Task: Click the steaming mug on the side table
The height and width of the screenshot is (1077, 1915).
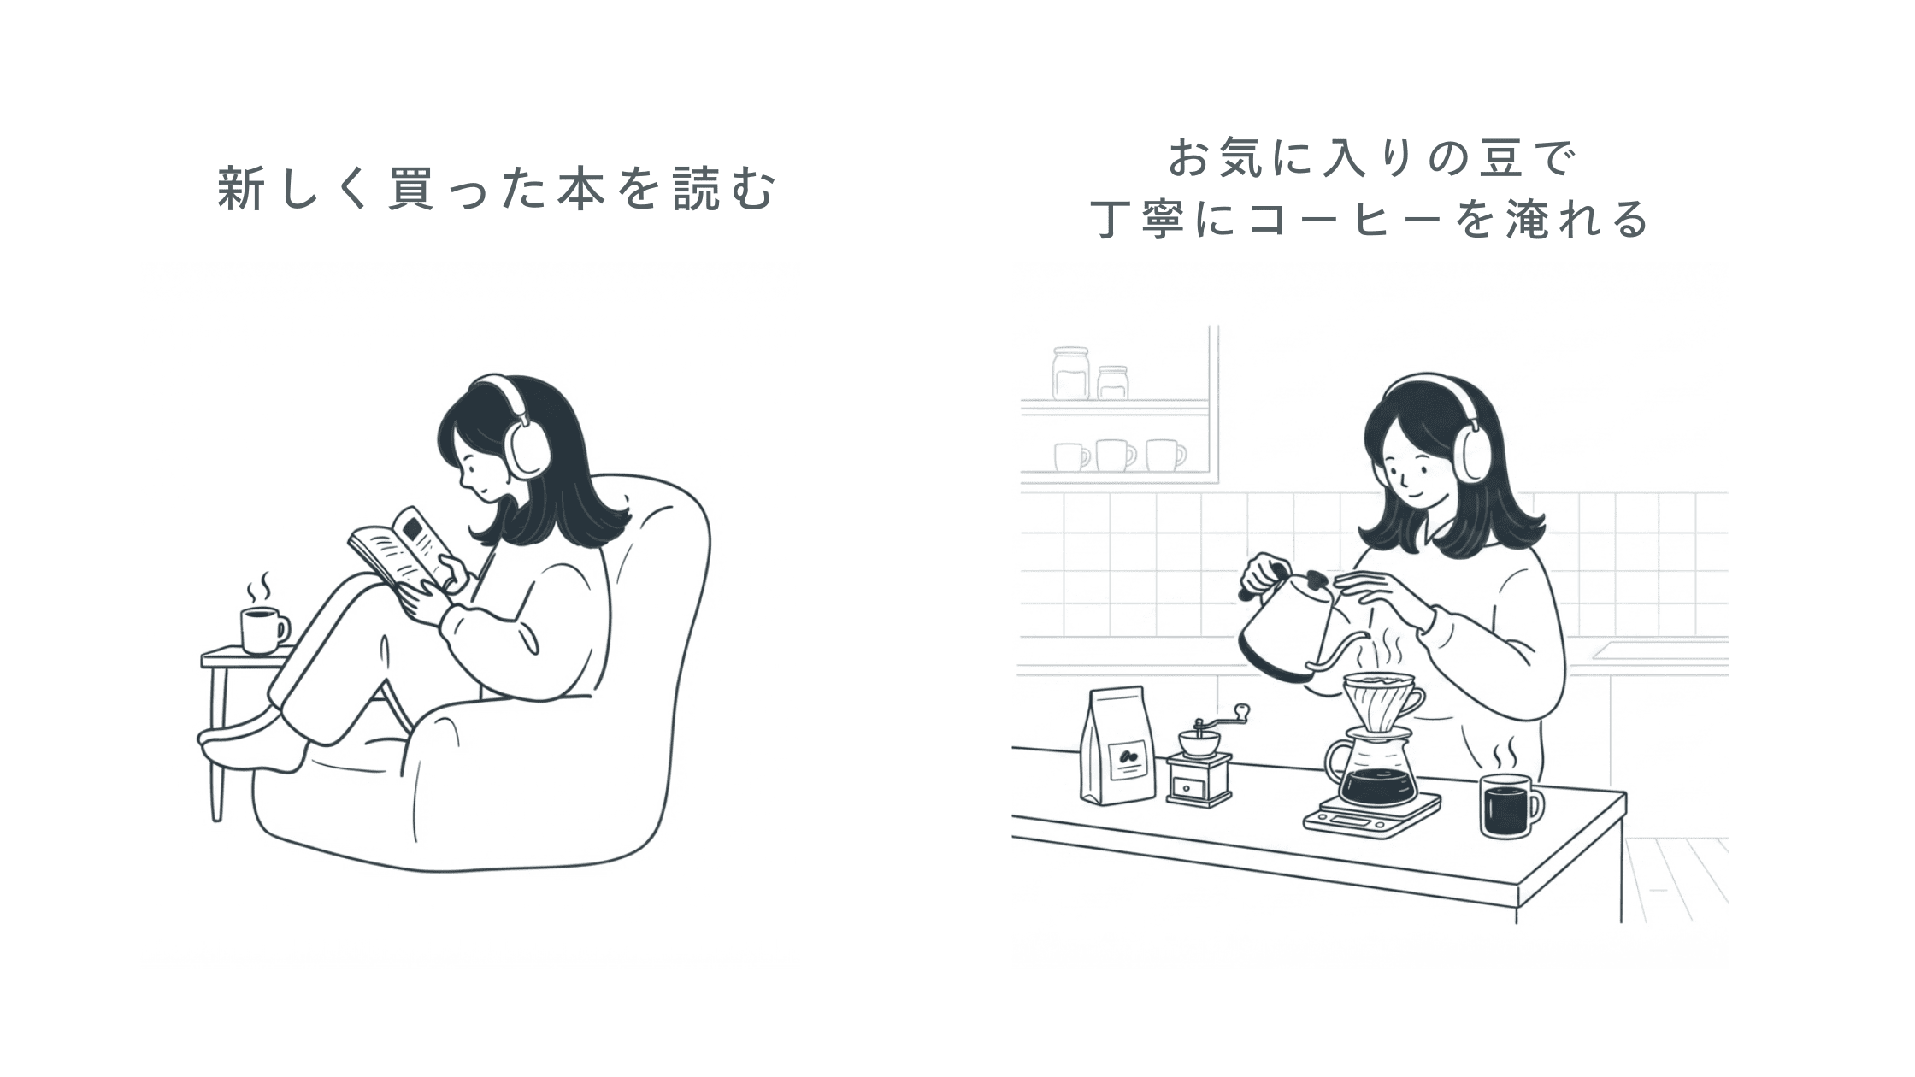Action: tap(263, 630)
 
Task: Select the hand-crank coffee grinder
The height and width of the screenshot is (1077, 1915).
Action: tap(1199, 758)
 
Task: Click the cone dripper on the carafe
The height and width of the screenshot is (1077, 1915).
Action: tap(1383, 700)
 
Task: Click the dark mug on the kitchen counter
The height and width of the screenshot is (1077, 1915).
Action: tap(1511, 806)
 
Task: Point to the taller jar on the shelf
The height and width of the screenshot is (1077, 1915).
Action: tap(1071, 373)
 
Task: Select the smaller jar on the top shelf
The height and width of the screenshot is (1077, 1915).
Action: tap(1112, 382)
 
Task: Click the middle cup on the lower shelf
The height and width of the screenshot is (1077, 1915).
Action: tap(1116, 455)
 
